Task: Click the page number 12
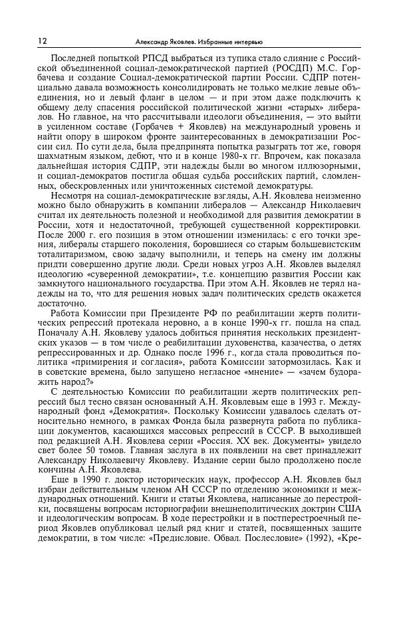(42, 41)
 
